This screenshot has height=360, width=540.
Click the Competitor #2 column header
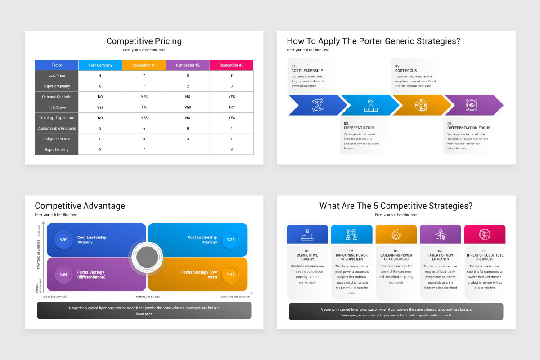click(x=188, y=65)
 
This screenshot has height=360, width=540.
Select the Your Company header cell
click(x=100, y=65)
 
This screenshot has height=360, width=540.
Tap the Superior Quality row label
click(x=57, y=86)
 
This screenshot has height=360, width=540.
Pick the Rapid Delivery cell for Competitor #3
click(x=232, y=149)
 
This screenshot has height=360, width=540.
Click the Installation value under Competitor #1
click(x=144, y=107)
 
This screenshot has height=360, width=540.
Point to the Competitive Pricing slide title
click(x=144, y=41)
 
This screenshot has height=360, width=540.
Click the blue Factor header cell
click(x=57, y=65)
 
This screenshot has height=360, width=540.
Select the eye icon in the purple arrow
click(x=472, y=105)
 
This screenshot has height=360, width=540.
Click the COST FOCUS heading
click(x=406, y=71)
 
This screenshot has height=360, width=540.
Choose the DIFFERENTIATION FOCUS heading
click(x=468, y=128)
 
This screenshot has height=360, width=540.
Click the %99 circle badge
click(x=64, y=240)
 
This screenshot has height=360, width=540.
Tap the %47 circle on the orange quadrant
click(x=231, y=274)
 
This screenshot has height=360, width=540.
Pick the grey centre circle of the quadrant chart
click(x=147, y=257)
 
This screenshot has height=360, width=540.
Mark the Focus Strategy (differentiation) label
click(x=91, y=274)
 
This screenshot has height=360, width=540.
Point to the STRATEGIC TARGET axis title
click(x=148, y=297)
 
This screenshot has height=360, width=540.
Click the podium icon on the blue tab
click(x=307, y=234)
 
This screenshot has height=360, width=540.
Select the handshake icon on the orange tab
click(x=396, y=234)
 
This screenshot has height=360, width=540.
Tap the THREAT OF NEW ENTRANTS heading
click(x=440, y=257)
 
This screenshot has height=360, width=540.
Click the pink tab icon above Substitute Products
click(x=485, y=234)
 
